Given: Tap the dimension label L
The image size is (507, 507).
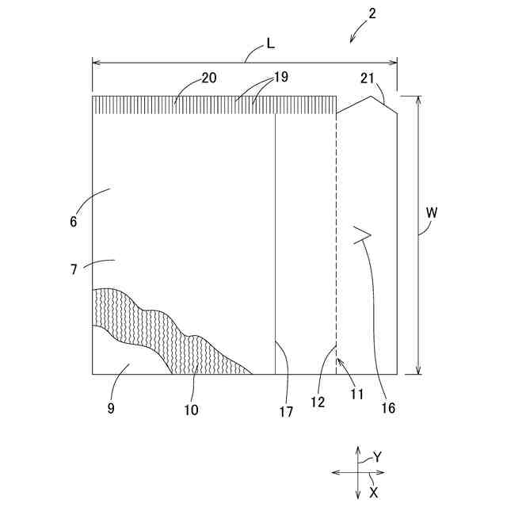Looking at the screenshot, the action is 270,44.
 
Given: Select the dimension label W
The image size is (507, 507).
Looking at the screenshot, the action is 431,212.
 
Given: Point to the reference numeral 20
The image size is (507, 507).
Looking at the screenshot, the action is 209,78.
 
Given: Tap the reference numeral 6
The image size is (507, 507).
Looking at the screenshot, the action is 73,222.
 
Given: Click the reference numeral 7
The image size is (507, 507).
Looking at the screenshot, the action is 73,269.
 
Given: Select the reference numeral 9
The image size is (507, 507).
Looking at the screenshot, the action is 111,408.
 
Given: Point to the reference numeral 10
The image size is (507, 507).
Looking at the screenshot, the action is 191,410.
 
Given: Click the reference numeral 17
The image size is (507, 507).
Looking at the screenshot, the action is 286,411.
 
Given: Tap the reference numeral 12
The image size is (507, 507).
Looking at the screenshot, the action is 318,402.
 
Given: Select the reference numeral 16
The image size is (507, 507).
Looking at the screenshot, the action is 387,409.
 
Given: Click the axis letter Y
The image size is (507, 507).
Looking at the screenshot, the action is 378,457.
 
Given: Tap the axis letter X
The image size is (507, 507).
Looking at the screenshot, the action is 373,492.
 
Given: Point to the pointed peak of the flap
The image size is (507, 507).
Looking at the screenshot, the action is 372,97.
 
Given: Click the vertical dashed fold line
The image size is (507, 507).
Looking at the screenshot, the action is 337,238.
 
